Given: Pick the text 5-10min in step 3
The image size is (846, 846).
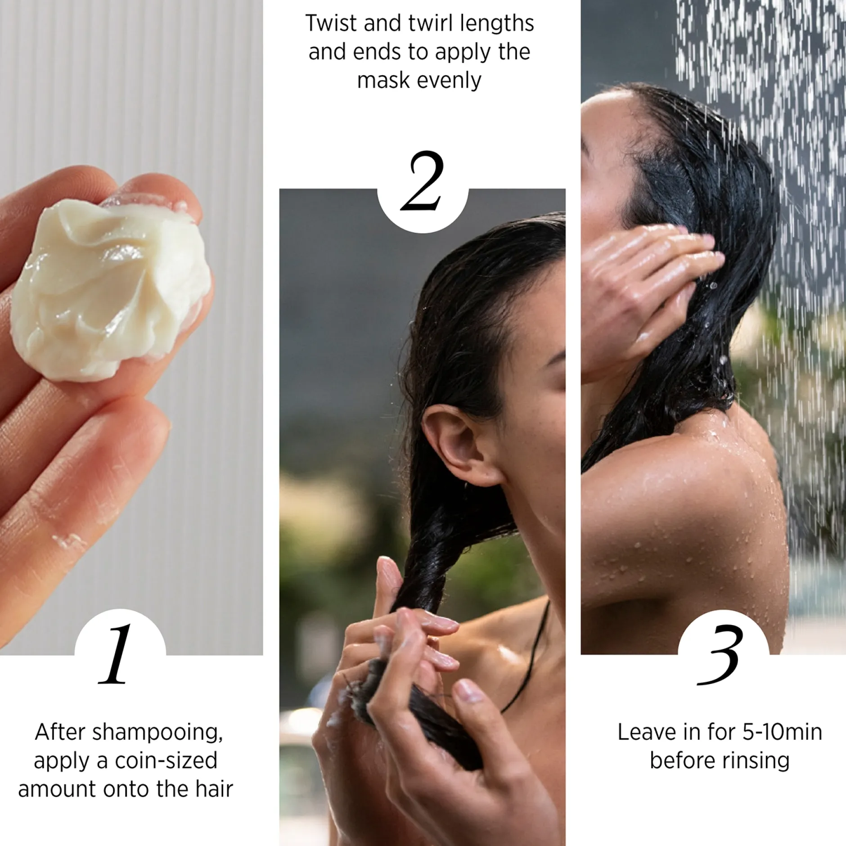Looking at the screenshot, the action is pos(782,732).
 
